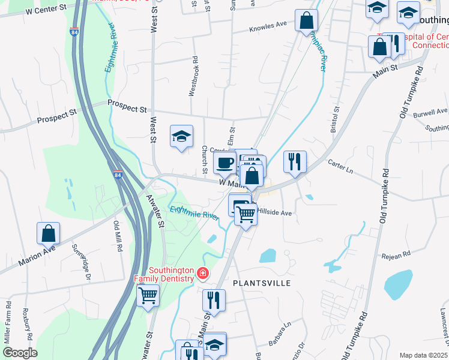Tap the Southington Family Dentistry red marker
203,274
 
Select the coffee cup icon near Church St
224,162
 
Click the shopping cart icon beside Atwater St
148,295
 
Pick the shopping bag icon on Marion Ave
48,233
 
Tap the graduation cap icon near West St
181,136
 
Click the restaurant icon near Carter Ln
295,161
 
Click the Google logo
20,353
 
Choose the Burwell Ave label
430,112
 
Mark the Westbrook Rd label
193,76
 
